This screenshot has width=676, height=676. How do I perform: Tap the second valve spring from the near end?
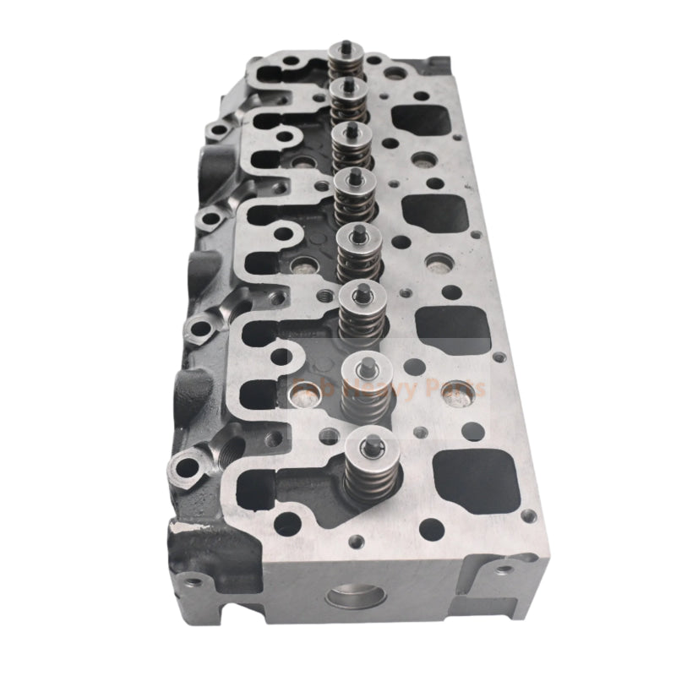[365, 398]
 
